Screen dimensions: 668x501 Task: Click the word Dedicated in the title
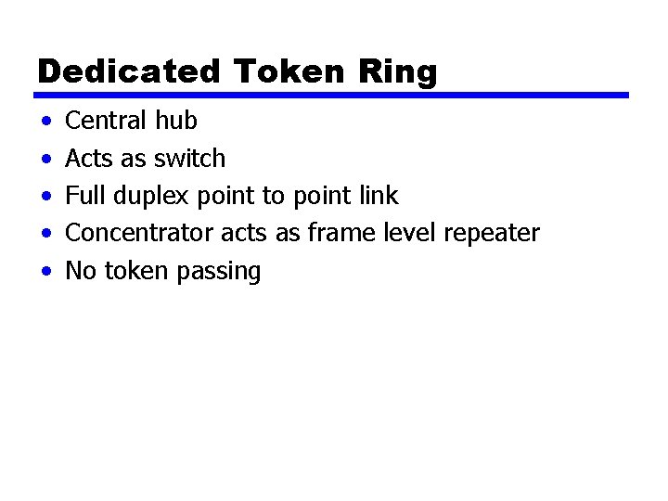129,71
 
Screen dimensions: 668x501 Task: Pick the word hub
175,121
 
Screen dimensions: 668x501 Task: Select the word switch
189,159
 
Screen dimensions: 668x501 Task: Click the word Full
85,196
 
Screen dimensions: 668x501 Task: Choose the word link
378,196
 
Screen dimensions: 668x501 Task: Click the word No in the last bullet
81,271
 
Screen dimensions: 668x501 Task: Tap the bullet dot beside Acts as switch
45,160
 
